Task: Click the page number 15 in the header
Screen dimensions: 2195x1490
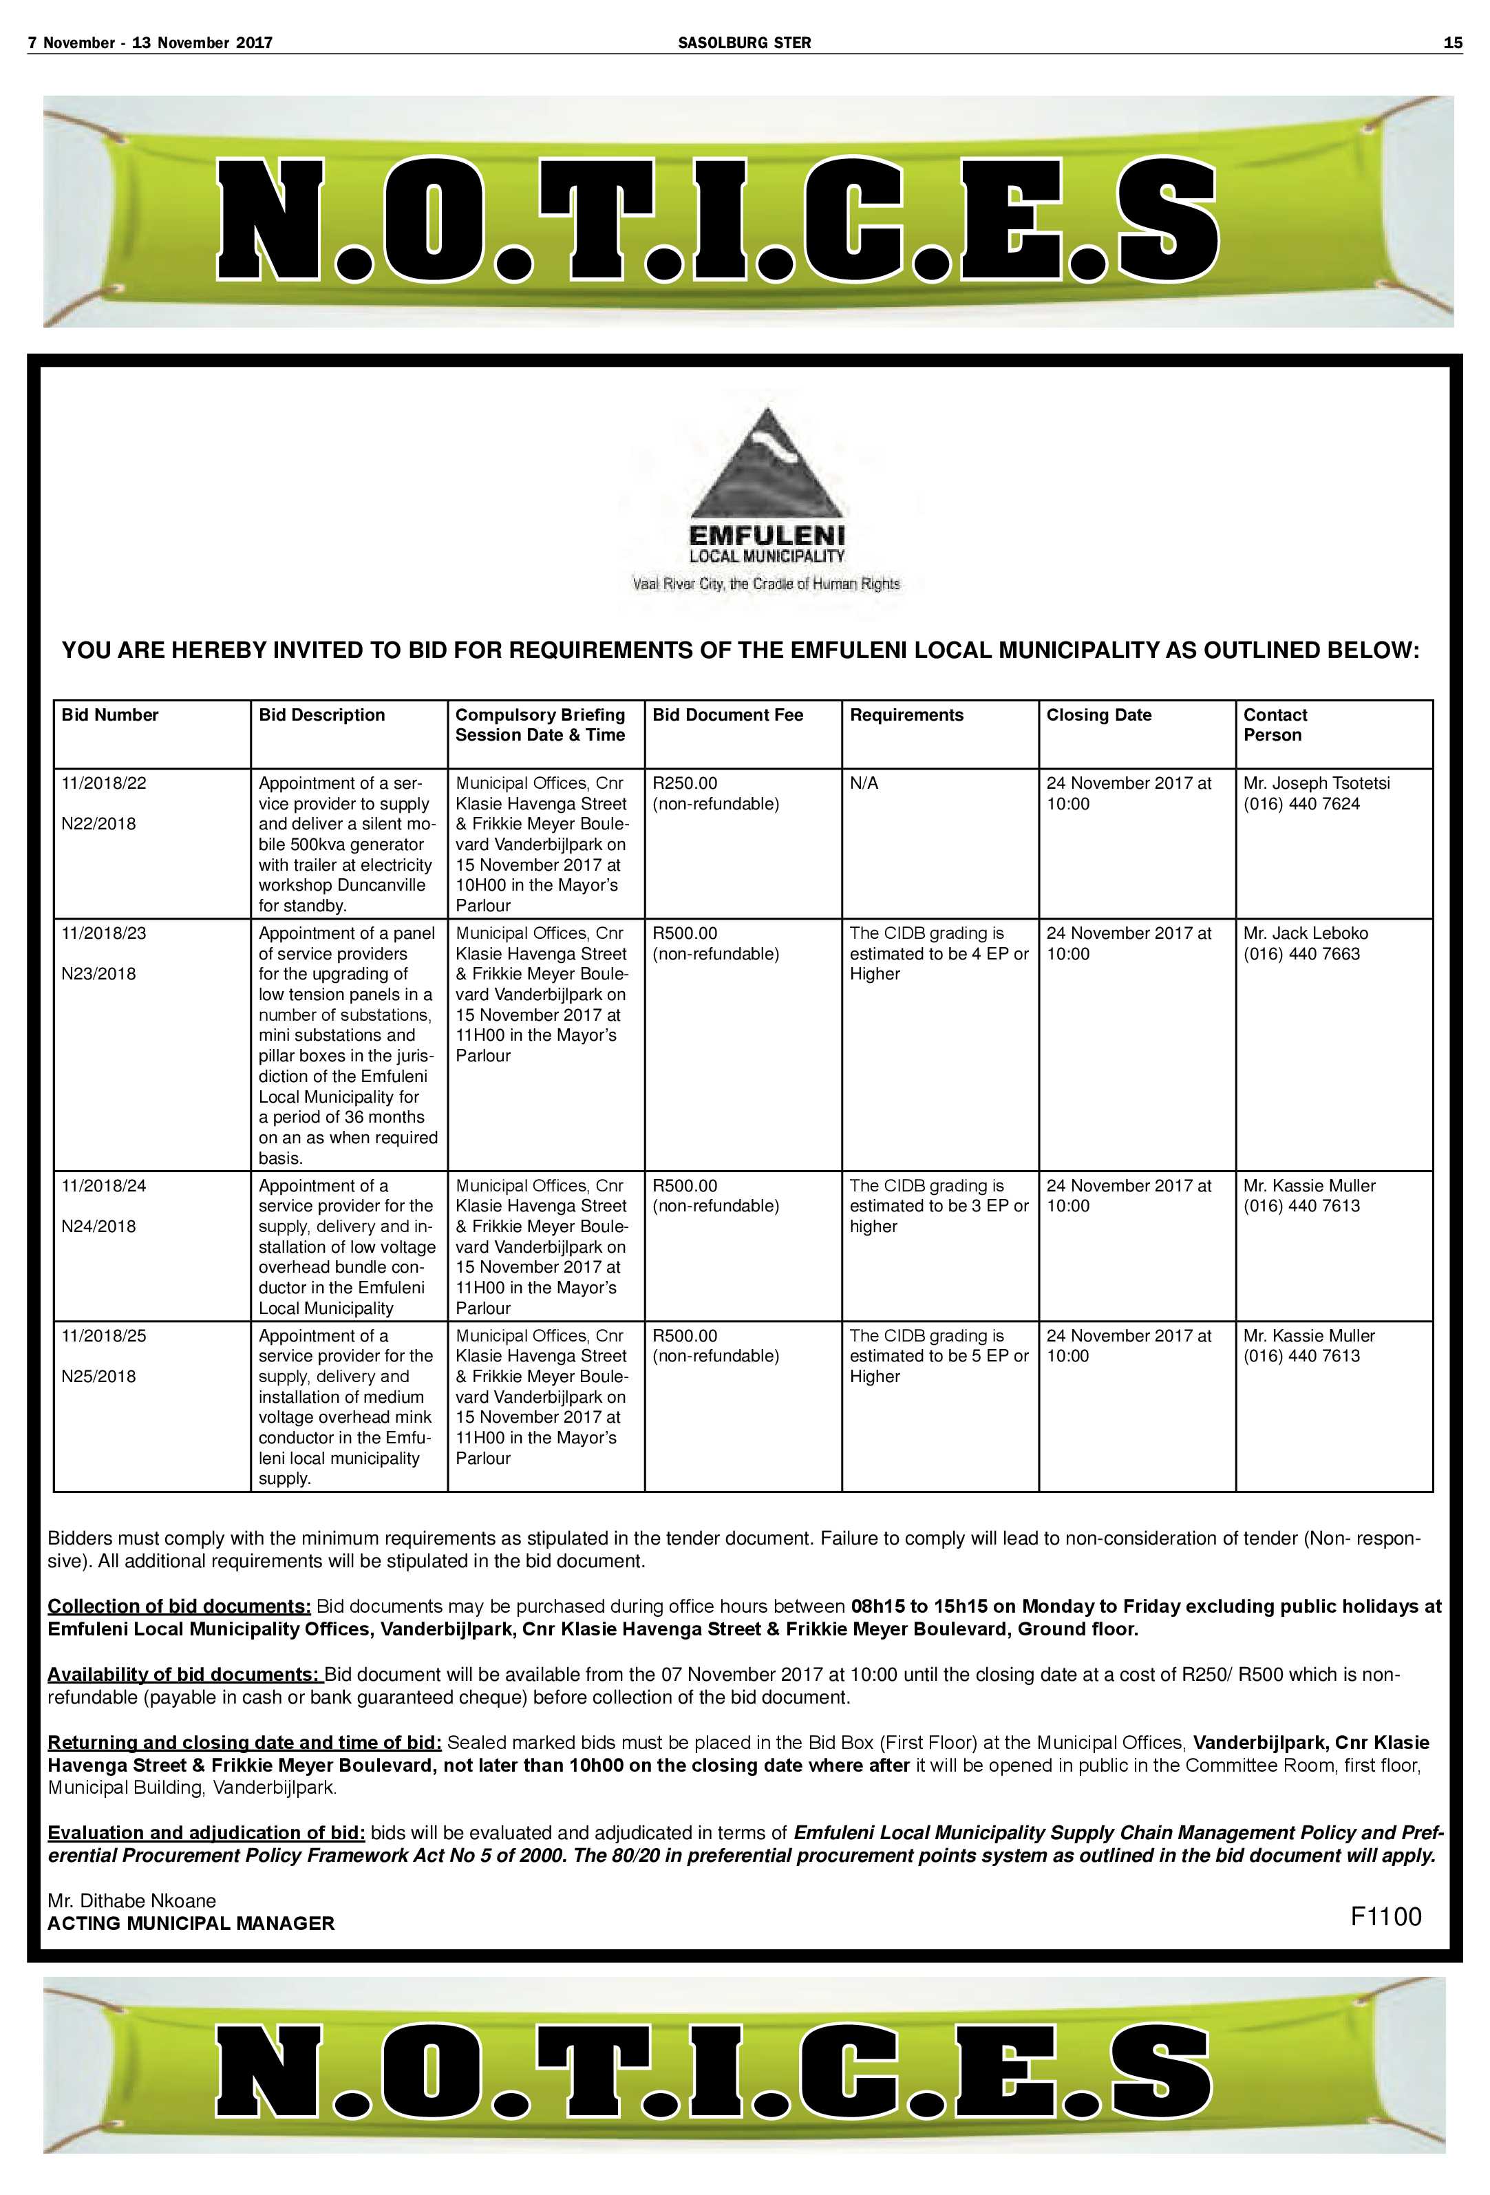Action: [x=1452, y=43]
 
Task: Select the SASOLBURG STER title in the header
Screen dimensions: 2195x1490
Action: [x=744, y=43]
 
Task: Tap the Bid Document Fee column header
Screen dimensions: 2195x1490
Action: [x=727, y=715]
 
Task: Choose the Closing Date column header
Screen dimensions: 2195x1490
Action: [x=1098, y=715]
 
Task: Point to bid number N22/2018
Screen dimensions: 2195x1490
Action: [x=98, y=824]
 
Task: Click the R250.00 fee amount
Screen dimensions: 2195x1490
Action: [x=685, y=783]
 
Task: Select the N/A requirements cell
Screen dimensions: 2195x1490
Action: [x=864, y=783]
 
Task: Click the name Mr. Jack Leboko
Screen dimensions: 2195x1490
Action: [x=1305, y=933]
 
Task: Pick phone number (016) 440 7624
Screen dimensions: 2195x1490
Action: [x=1301, y=804]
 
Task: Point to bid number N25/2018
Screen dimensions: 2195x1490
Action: [x=98, y=1376]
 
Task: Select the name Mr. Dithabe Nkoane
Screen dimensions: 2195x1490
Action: [x=131, y=1900]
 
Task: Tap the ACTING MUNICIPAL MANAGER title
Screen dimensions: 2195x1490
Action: [x=191, y=1924]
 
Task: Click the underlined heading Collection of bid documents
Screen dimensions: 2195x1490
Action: [x=178, y=1607]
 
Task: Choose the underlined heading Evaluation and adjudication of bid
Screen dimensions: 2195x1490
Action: [x=206, y=1833]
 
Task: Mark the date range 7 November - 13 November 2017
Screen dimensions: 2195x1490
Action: [x=150, y=43]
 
